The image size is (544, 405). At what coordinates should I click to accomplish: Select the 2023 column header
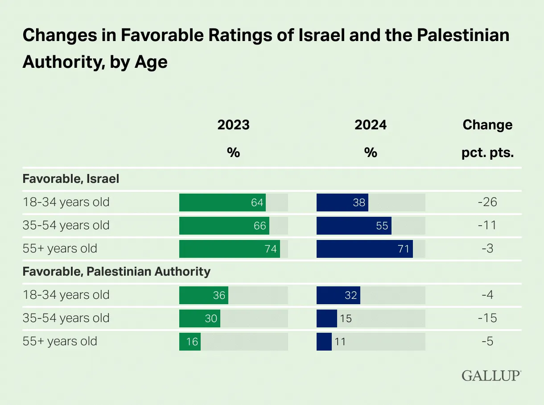tap(233, 125)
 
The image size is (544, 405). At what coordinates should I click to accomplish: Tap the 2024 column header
tap(371, 125)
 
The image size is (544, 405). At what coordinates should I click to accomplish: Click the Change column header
tap(487, 125)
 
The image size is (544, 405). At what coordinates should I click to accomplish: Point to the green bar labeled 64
tap(223, 202)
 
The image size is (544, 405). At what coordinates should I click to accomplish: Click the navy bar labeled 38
tap(342, 202)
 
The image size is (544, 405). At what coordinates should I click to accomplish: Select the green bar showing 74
tap(229, 249)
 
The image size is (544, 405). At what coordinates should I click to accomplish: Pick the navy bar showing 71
tap(364, 249)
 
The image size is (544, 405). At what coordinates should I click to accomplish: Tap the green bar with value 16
tap(190, 342)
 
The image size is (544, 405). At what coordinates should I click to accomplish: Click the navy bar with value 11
tap(324, 342)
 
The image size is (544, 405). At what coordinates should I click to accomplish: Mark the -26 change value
tap(487, 202)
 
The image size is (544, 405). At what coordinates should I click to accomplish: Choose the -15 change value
tap(487, 318)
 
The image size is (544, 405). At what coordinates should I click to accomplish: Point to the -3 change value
tap(487, 249)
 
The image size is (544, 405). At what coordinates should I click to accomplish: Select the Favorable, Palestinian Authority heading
tap(116, 272)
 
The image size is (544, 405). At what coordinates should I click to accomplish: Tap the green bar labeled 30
tap(200, 318)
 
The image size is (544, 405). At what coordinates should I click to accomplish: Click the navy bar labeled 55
tap(354, 226)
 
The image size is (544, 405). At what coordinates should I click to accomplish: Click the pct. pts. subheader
tap(487, 153)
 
